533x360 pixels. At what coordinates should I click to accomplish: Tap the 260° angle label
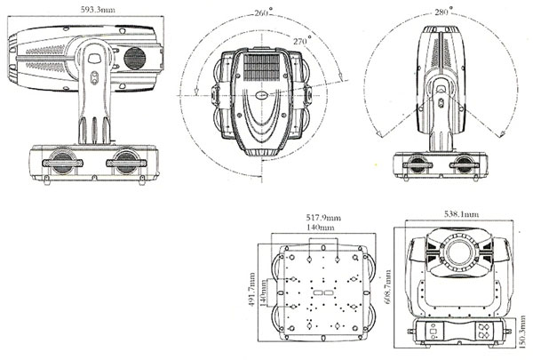coord(260,13)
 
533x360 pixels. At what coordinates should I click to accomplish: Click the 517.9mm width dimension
coord(314,216)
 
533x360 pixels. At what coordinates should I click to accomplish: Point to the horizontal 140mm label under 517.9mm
coord(314,228)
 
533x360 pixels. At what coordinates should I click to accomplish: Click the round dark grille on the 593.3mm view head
coord(134,58)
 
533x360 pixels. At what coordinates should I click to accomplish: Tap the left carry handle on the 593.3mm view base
coord(57,164)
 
